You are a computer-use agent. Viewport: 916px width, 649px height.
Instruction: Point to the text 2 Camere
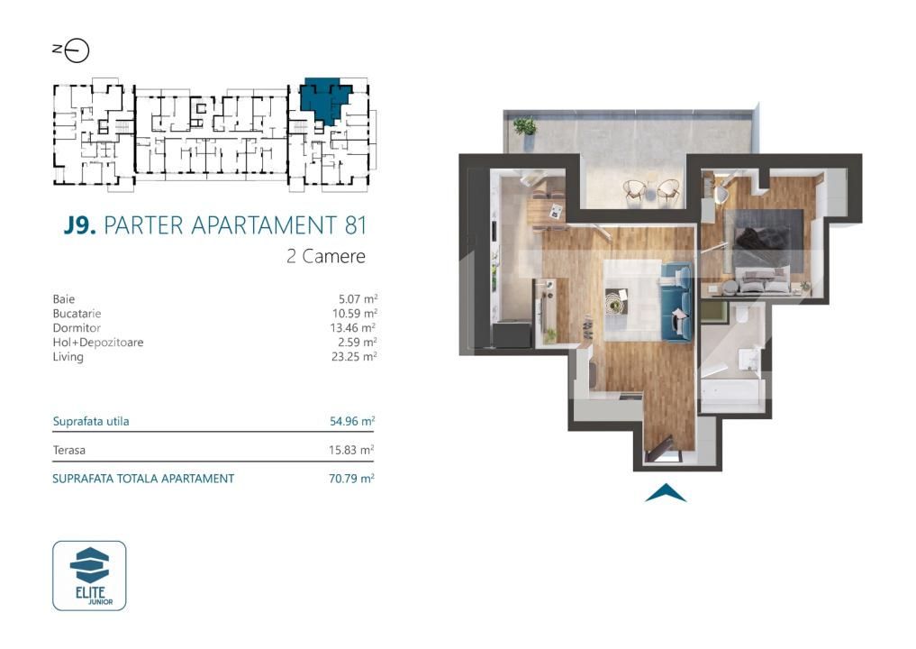(x=325, y=256)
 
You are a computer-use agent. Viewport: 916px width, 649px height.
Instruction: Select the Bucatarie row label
(x=77, y=313)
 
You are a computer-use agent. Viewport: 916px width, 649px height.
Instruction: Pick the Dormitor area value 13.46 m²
(x=352, y=327)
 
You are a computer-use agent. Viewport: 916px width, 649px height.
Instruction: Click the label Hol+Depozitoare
(x=98, y=342)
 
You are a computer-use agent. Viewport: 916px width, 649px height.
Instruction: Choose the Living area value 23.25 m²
(x=352, y=356)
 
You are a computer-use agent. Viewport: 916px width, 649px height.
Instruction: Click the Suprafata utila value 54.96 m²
(x=352, y=420)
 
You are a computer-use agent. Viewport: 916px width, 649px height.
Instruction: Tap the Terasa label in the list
(x=69, y=450)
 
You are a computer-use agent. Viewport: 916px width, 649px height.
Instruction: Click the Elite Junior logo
(x=89, y=575)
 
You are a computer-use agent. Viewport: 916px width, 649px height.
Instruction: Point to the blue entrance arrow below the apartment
(x=666, y=492)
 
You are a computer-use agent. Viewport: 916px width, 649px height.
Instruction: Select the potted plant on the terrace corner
(x=524, y=127)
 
